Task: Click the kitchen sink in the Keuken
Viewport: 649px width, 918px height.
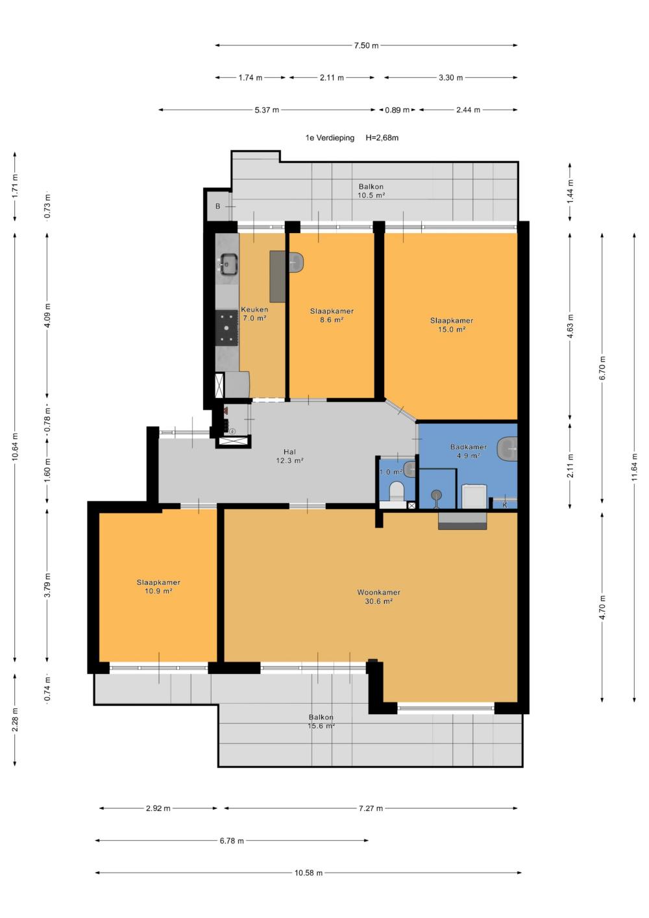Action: click(228, 264)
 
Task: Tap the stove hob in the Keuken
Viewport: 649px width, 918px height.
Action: click(227, 327)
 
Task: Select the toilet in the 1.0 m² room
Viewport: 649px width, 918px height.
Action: click(396, 491)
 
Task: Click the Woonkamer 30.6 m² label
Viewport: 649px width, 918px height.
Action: click(378, 597)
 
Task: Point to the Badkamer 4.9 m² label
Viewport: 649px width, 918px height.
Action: click(469, 451)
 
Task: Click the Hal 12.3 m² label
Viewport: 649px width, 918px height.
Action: click(289, 456)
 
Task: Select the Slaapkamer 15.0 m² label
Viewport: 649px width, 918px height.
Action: click(452, 325)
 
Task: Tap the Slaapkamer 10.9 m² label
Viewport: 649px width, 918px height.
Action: click(158, 586)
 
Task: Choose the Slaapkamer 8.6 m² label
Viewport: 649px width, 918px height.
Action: click(332, 316)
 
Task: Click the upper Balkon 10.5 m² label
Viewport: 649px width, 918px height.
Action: click(371, 191)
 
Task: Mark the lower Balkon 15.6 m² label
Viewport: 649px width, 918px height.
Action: click(321, 722)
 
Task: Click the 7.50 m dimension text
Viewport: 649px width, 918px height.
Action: click(366, 45)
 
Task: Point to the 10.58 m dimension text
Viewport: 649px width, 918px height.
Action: click(308, 873)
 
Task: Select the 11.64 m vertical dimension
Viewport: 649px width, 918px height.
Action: click(634, 467)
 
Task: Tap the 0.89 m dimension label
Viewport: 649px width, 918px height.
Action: click(397, 110)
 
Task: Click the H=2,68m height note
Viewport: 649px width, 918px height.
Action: click(382, 138)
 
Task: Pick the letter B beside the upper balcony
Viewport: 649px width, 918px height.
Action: click(217, 206)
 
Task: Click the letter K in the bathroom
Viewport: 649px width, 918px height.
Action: click(504, 505)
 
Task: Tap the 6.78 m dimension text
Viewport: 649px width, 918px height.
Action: click(232, 841)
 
